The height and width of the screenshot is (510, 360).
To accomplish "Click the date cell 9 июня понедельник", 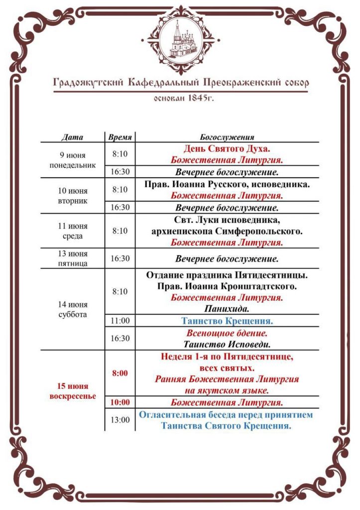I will pyautogui.click(x=73, y=160).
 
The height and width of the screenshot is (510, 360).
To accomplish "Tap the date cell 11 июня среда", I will pyautogui.click(x=73, y=231).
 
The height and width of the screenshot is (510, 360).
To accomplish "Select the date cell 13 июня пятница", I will pyautogui.click(x=73, y=258).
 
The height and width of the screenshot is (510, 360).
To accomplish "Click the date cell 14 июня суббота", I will pyautogui.click(x=73, y=309).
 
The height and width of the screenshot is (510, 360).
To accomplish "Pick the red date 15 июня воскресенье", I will pyautogui.click(x=73, y=391).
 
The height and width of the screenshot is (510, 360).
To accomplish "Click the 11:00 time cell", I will pyautogui.click(x=120, y=321).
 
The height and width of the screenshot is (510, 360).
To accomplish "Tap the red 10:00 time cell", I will pyautogui.click(x=120, y=402).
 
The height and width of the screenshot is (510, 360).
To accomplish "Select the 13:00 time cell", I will pyautogui.click(x=120, y=420).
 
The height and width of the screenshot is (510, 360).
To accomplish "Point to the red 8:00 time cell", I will pyautogui.click(x=120, y=373).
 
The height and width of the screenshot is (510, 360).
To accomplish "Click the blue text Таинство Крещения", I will pyautogui.click(x=227, y=321).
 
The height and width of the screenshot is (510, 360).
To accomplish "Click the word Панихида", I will pyautogui.click(x=227, y=309).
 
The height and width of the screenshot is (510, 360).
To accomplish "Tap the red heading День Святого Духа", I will pyautogui.click(x=227, y=148).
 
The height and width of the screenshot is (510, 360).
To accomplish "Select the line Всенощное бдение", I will pyautogui.click(x=227, y=333).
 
